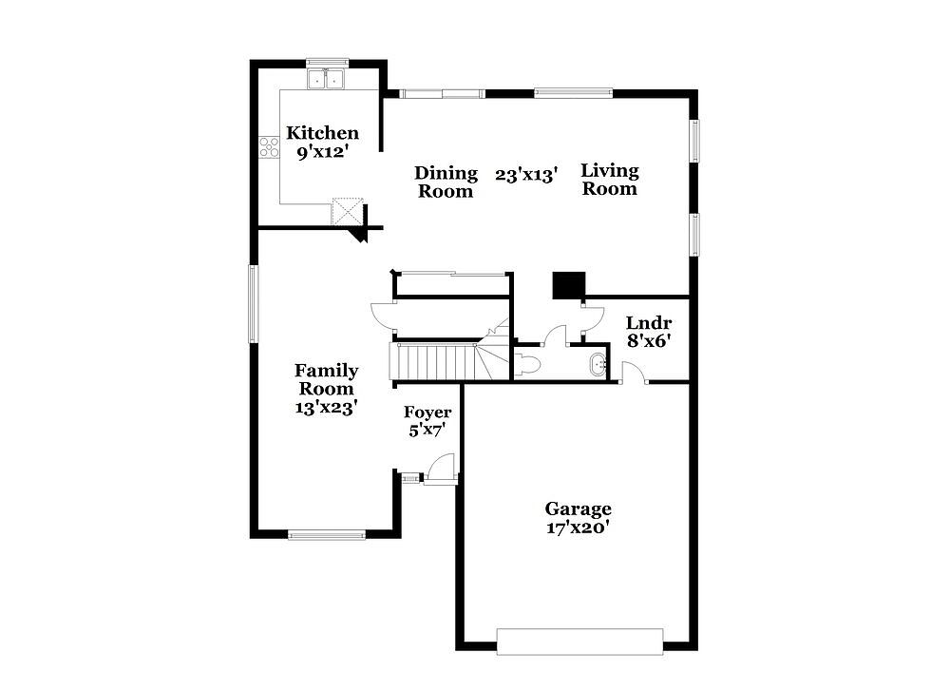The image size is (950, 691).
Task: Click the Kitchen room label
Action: pyautogui.click(x=322, y=133)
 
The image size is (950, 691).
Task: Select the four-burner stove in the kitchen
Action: pyautogui.click(x=269, y=147)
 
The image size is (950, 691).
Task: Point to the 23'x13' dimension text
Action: pyautogui.click(x=526, y=175)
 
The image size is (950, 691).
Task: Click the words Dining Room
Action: pyautogui.click(x=446, y=182)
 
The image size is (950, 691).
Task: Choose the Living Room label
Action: pyautogui.click(x=610, y=180)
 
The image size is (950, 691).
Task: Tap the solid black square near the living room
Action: pyautogui.click(x=569, y=285)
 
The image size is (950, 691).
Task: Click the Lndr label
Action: pyautogui.click(x=648, y=322)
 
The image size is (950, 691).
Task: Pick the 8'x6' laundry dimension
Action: pyautogui.click(x=648, y=341)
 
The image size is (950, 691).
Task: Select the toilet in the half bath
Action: pyautogui.click(x=527, y=364)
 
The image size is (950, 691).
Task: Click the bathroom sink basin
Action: pyautogui.click(x=598, y=365)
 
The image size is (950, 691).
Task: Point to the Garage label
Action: pyautogui.click(x=578, y=509)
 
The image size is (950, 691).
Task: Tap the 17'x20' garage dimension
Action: pyautogui.click(x=578, y=528)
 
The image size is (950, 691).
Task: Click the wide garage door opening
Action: pyautogui.click(x=579, y=642)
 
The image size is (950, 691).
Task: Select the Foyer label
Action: pyautogui.click(x=427, y=413)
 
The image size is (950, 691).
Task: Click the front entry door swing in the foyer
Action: pyautogui.click(x=441, y=470)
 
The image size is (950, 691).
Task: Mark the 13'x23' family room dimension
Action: pyautogui.click(x=325, y=408)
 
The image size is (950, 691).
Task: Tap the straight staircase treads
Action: pyautogui.click(x=432, y=361)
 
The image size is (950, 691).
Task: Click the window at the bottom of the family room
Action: pyautogui.click(x=327, y=535)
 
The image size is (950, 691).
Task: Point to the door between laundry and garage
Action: pyautogui.click(x=634, y=373)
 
